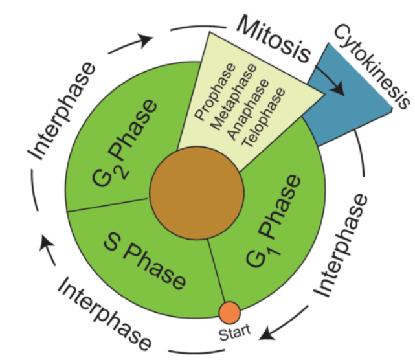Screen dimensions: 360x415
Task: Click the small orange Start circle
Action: point(230,313)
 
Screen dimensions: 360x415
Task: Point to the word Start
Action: point(232,334)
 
